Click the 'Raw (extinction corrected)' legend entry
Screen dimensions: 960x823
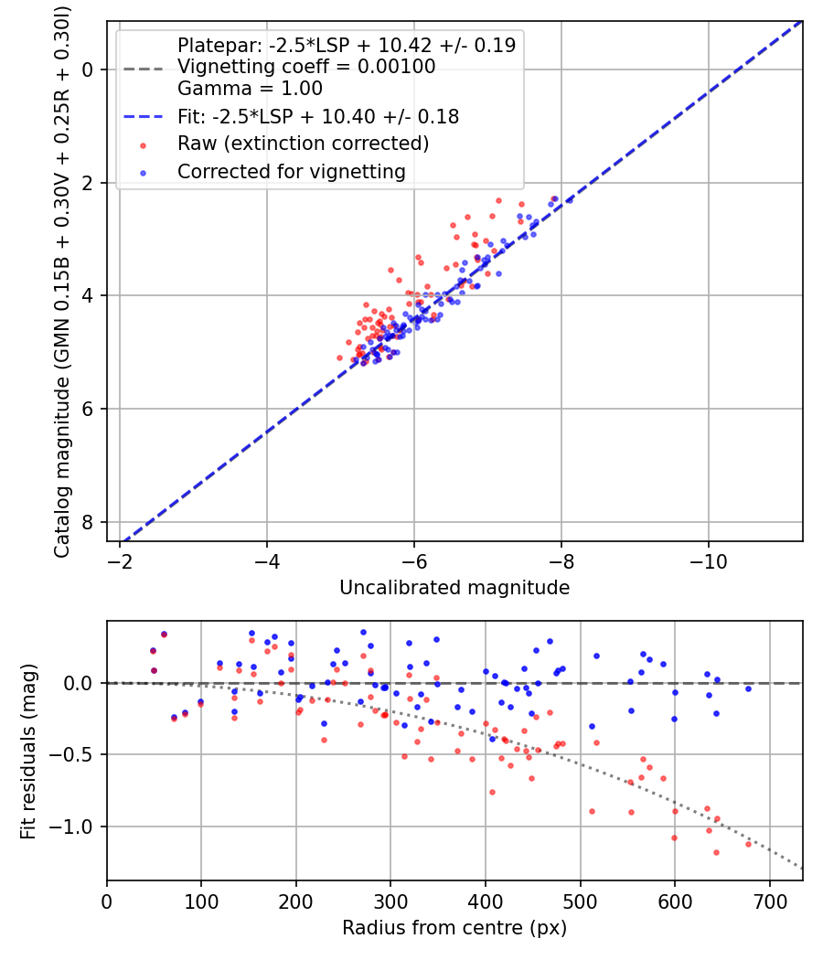[x=303, y=144]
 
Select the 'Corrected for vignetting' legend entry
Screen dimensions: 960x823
[x=290, y=171]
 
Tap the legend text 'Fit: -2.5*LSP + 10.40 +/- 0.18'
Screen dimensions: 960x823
[x=317, y=116]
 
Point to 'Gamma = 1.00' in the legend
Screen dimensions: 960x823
[x=250, y=90]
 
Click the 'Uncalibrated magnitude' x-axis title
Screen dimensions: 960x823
[x=454, y=588]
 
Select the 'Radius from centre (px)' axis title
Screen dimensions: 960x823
[x=454, y=928]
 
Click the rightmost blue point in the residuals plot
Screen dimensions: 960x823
[x=748, y=688]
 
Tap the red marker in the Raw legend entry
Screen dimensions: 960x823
[x=143, y=144]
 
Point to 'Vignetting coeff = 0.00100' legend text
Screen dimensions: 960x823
[x=306, y=67]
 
